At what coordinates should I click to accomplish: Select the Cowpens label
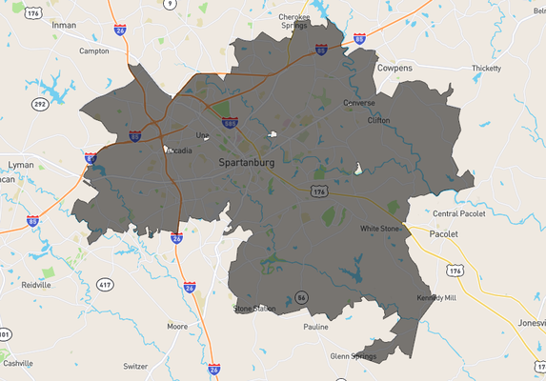(394, 69)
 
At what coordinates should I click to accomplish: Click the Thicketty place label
(486, 68)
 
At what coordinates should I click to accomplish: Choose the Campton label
(94, 50)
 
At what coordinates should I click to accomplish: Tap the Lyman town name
(21, 165)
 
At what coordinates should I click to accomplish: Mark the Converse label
(359, 103)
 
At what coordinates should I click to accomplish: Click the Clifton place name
(378, 120)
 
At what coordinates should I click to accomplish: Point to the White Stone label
(380, 229)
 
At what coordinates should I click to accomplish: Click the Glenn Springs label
(354, 356)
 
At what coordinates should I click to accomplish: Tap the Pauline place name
(315, 327)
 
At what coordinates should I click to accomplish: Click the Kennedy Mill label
(436, 297)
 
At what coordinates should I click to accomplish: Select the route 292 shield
(40, 104)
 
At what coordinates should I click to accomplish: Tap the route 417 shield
(105, 285)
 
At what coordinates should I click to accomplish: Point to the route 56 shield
(301, 297)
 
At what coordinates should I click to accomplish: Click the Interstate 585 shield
(230, 123)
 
